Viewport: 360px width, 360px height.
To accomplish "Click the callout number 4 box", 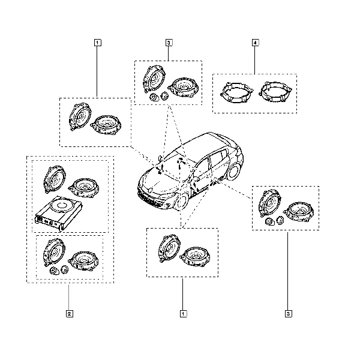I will [x=256, y=43].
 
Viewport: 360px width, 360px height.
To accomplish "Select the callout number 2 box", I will [x=70, y=314].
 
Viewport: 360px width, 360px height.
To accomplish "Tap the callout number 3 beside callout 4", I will [x=169, y=43].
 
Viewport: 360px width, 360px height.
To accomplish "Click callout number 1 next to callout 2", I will [x=183, y=314].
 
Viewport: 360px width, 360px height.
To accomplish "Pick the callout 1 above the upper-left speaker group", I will [x=97, y=43].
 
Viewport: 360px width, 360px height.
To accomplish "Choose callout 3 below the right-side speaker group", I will [x=289, y=314].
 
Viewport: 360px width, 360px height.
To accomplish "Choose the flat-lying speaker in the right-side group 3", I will [x=299, y=211].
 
